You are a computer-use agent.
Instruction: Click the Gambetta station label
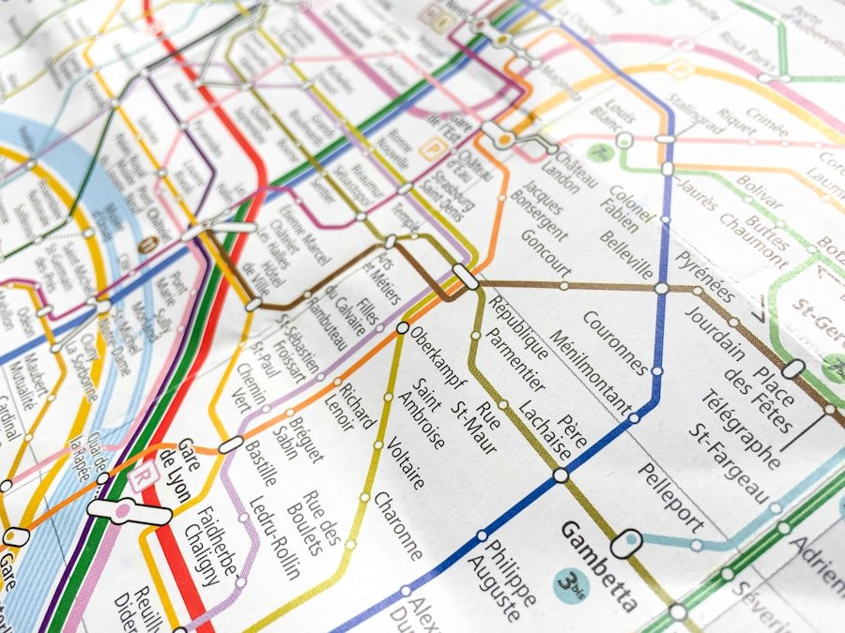pos(599,565)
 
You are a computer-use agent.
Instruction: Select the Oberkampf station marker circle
pos(403,328)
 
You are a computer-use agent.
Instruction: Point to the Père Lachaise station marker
pos(561,475)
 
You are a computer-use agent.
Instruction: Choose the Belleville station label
pos(626,252)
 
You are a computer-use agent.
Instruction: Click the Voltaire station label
pos(406,455)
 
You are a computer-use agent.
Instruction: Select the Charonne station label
pos(398,525)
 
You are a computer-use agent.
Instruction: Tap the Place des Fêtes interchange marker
pos(793,369)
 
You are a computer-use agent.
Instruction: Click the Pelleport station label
pos(670,496)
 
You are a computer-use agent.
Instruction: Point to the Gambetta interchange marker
pos(626,543)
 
